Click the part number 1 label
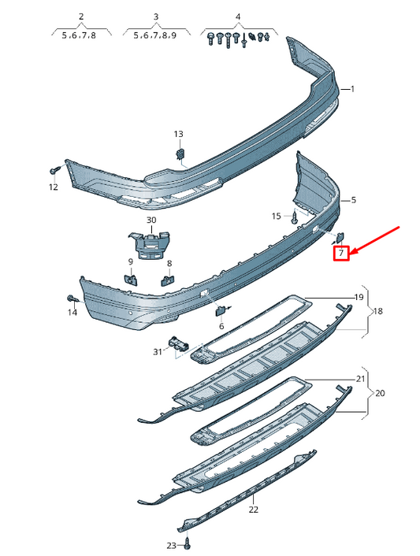click(352, 89)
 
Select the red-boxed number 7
click(340, 254)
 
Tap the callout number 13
click(177, 134)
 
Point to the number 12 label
click(53, 187)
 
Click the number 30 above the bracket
click(151, 220)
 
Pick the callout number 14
click(72, 313)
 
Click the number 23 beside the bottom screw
click(172, 545)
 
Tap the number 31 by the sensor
click(158, 351)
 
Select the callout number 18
click(377, 312)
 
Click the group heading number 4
click(238, 17)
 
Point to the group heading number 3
click(155, 17)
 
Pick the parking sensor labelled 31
click(179, 344)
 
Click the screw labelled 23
click(189, 543)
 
